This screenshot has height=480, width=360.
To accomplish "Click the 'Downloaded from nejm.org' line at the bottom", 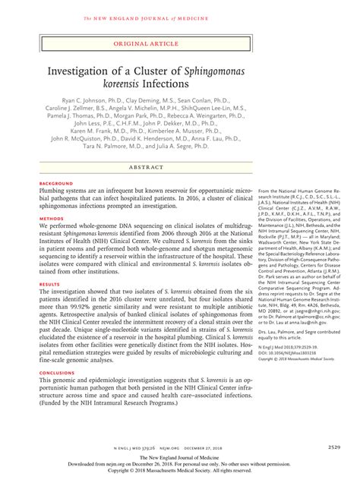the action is pyautogui.click(x=179, y=463).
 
